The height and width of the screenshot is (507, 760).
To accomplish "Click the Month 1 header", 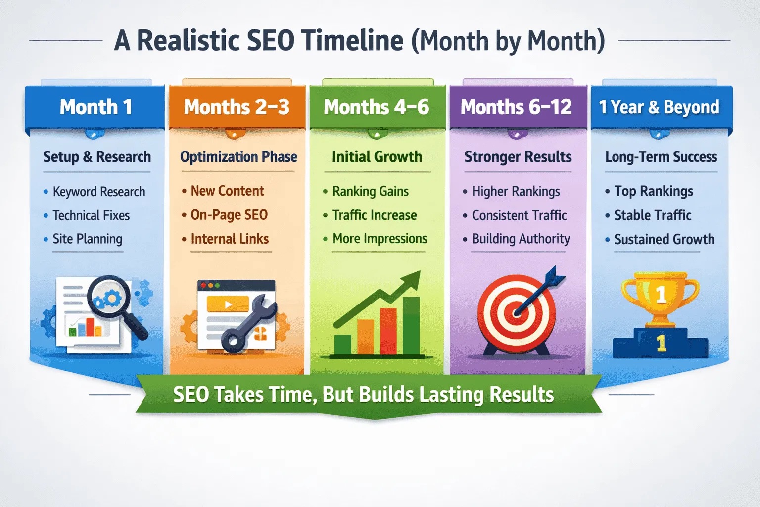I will click(x=95, y=107).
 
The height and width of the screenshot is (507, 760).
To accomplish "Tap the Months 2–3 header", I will click(x=237, y=107).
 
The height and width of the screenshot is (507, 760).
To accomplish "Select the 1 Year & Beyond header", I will click(x=659, y=107).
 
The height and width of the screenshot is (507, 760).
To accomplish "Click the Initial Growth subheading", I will click(x=377, y=157).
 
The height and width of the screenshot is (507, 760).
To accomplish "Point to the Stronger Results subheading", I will click(x=518, y=157).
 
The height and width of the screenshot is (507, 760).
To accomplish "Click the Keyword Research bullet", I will click(x=98, y=192).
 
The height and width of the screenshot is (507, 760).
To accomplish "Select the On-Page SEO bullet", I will click(x=229, y=215).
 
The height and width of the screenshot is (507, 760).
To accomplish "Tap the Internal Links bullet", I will click(x=230, y=239).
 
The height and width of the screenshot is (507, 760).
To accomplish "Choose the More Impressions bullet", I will click(x=380, y=239).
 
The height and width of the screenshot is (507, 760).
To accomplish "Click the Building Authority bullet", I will click(x=521, y=239).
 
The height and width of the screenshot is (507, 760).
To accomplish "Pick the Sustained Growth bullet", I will click(x=664, y=239).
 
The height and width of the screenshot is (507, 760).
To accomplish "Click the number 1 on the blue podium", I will click(x=661, y=343).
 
